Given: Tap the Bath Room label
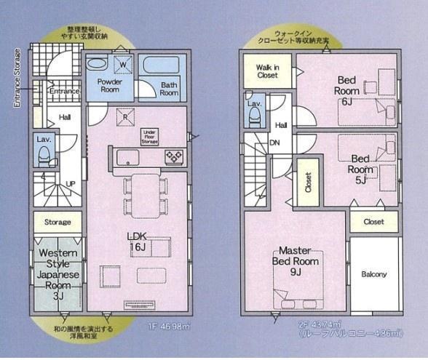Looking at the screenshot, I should [169, 89].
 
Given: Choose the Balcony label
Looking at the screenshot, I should [374, 274].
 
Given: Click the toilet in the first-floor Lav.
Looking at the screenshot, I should [44, 153].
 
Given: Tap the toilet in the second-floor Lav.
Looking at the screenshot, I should [255, 118].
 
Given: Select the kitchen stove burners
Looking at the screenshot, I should [175, 155].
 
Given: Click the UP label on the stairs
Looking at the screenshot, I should [70, 183].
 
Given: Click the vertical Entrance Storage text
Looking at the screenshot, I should [16, 79].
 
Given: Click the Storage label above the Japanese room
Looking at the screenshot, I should [58, 222].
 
